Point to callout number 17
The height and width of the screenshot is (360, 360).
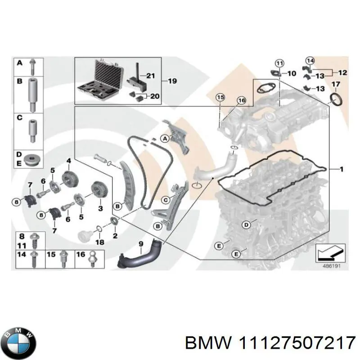[335, 84]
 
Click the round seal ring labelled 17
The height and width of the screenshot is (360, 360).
[336, 99]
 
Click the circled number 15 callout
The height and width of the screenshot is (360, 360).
[220, 97]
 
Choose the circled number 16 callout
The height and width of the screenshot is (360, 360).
[241, 100]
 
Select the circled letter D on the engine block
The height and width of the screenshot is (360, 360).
[246, 224]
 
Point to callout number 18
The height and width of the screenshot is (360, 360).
[100, 242]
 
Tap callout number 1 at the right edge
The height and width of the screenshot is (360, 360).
[342, 169]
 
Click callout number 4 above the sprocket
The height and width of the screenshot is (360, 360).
[69, 161]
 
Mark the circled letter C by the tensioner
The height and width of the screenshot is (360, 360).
[166, 199]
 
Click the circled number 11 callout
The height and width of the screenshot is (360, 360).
[279, 63]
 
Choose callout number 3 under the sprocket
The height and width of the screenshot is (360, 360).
[100, 208]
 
